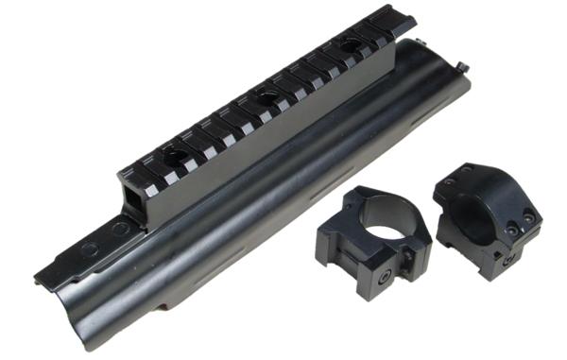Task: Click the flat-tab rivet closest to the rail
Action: point(118,230)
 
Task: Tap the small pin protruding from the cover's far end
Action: point(463,65)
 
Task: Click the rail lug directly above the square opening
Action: point(132,174)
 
